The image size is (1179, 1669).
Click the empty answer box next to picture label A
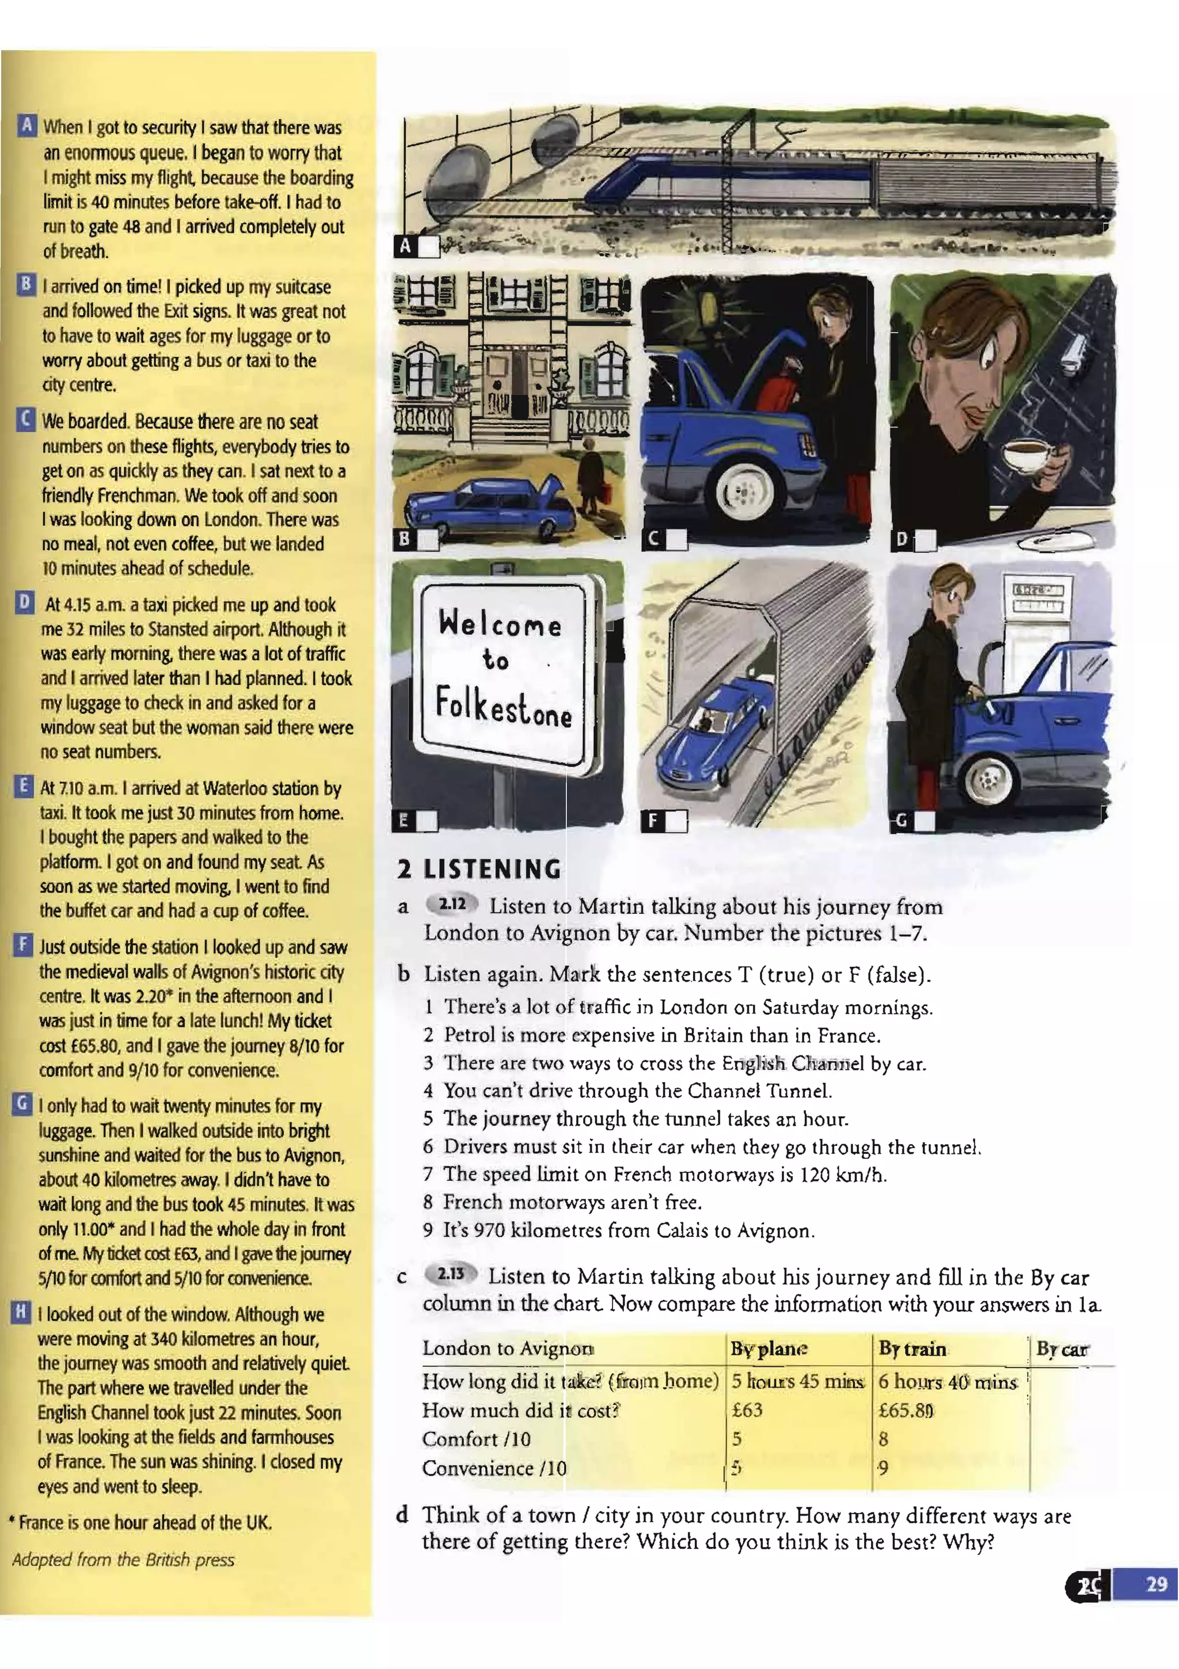429,246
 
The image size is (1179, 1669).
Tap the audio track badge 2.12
452,904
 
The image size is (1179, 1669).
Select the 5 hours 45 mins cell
798,1381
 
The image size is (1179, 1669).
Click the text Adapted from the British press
124,1559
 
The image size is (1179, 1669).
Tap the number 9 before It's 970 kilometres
428,1230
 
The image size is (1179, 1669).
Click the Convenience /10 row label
494,1468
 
